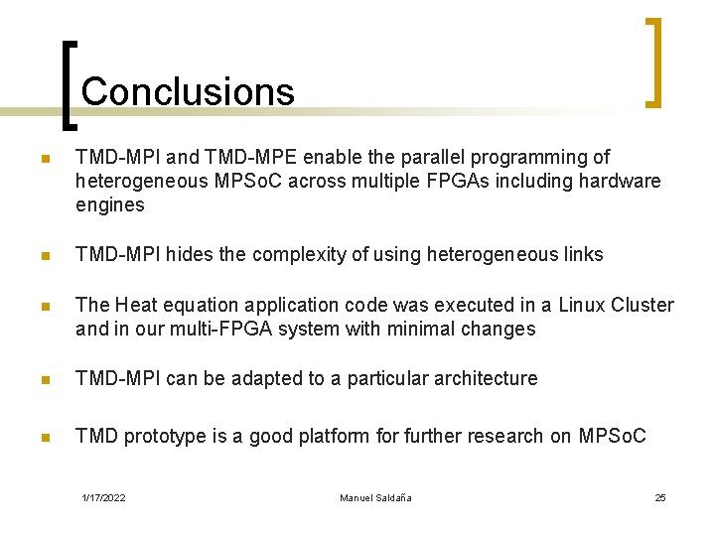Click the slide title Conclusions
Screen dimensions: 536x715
coord(188,92)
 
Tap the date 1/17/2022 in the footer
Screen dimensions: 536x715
coord(104,497)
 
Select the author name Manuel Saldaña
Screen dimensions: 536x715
coord(375,497)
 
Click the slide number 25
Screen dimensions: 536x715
coord(660,497)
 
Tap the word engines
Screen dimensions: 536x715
coord(110,205)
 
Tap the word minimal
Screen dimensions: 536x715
coord(428,329)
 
